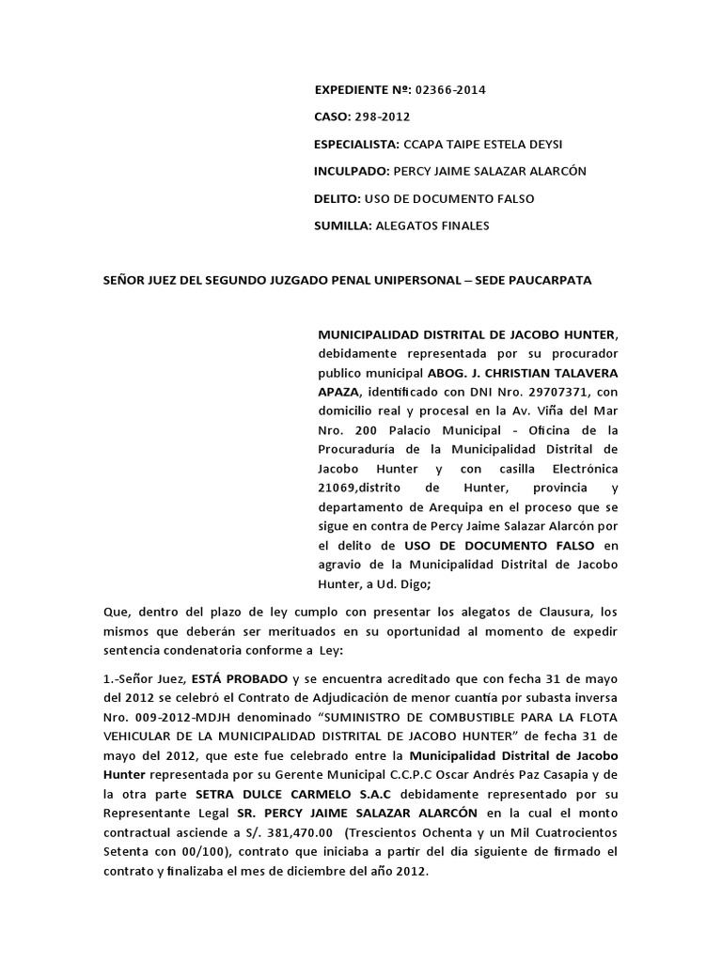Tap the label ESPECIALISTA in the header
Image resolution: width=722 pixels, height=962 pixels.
(355, 145)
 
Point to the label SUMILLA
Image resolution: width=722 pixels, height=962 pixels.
(342, 225)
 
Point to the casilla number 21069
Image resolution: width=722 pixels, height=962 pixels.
(337, 489)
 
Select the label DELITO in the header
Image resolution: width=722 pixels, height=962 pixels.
(337, 199)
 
